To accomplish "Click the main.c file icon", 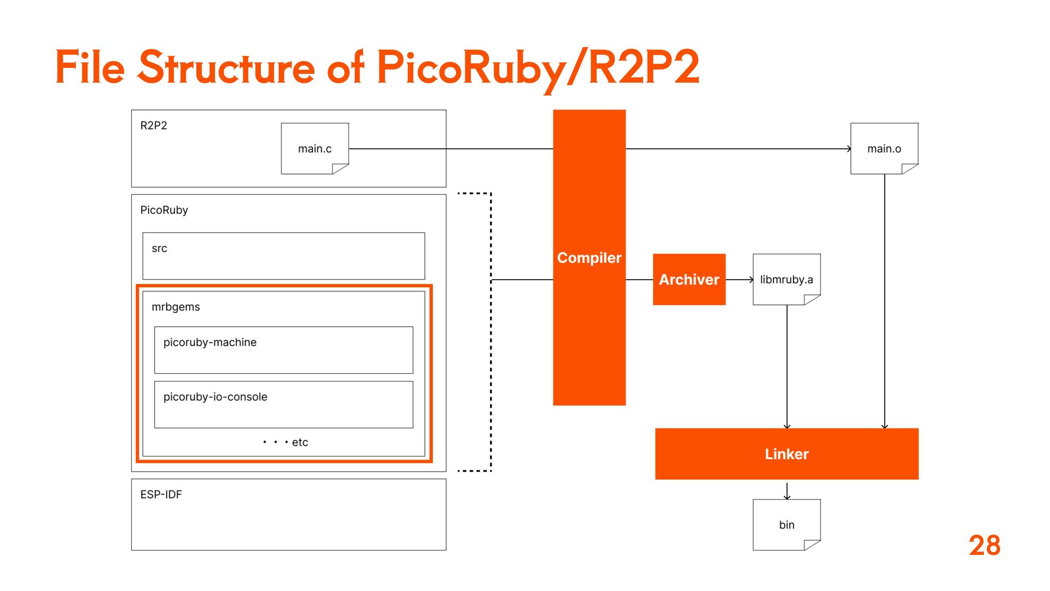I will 315,148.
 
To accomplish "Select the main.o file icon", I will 884,148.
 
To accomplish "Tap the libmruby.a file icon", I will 786,279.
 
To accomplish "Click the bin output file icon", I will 786,524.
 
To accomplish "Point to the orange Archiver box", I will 689,279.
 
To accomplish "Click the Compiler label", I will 589,258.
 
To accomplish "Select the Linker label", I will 786,454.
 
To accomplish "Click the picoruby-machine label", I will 210,342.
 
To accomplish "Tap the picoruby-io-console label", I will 215,397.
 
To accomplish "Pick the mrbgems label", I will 176,307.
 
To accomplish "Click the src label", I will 159,248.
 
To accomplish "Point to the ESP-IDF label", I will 161,494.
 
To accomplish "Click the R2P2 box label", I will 154,125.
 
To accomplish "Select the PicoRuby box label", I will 164,210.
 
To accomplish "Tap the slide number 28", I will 984,546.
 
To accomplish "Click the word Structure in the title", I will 226,68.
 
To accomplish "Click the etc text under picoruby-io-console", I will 300,442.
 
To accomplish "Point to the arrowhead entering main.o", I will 849,149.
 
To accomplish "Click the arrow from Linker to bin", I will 787,490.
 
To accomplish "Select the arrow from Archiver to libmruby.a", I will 739,280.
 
